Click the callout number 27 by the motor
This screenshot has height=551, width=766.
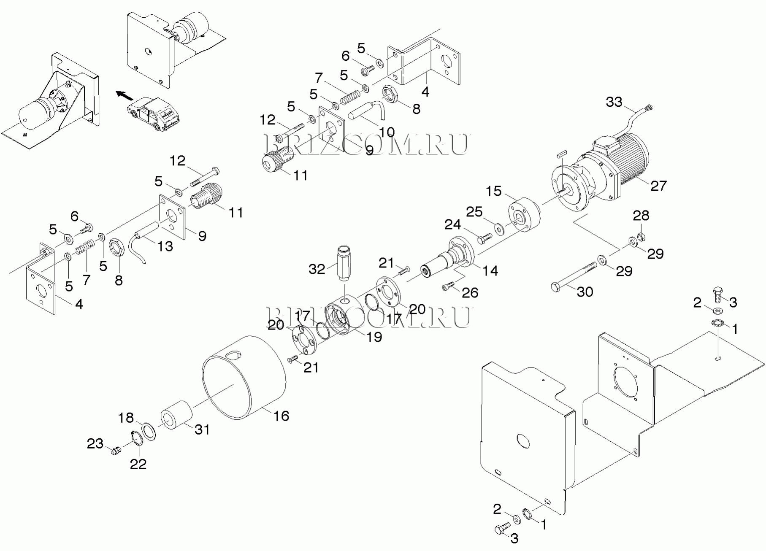tap(658, 185)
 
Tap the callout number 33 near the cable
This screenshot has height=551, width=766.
tap(614, 102)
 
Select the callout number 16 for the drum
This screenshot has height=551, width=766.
tap(281, 416)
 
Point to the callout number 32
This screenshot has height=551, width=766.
tap(317, 269)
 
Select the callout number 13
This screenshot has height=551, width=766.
tap(165, 246)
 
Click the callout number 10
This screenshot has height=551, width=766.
tap(387, 132)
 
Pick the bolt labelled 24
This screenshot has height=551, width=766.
tap(484, 238)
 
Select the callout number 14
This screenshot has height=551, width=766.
tap(490, 270)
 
